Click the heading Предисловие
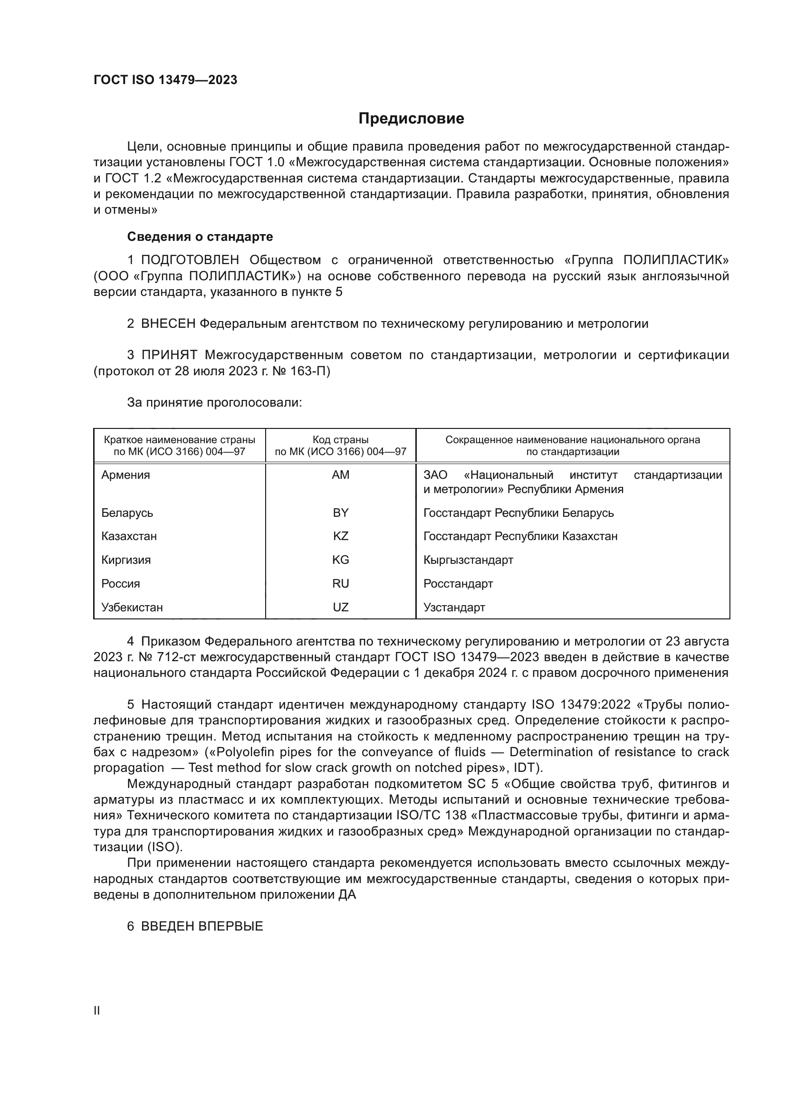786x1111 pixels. (411, 119)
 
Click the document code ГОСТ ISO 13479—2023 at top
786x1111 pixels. (165, 80)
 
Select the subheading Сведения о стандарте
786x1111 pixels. (200, 237)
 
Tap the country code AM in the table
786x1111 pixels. (340, 475)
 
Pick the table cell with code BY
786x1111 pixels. (340, 513)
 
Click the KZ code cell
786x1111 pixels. (340, 536)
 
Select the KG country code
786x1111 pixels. (340, 560)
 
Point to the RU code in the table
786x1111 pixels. (340, 584)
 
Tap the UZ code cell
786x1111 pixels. (340, 608)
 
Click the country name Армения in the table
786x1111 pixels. (125, 475)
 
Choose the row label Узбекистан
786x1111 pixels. (132, 608)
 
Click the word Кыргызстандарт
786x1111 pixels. (468, 560)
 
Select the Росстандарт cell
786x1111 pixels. (458, 584)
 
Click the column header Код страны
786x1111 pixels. (340, 440)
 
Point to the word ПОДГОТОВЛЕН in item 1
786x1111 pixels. (190, 260)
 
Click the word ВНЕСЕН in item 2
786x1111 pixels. (167, 324)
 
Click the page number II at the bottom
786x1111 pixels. (97, 1010)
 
